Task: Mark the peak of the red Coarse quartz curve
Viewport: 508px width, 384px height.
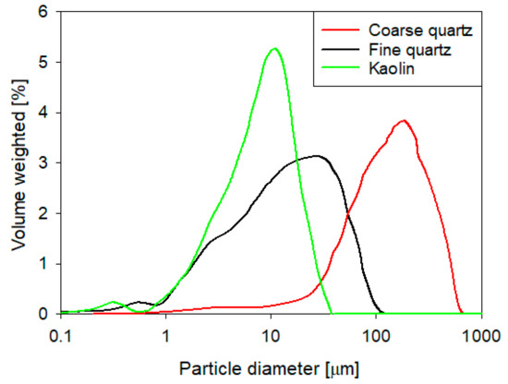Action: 403,121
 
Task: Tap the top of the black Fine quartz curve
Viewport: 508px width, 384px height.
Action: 317,156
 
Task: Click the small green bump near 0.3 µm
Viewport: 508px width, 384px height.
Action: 114,302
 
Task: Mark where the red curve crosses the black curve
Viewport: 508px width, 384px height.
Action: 348,216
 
